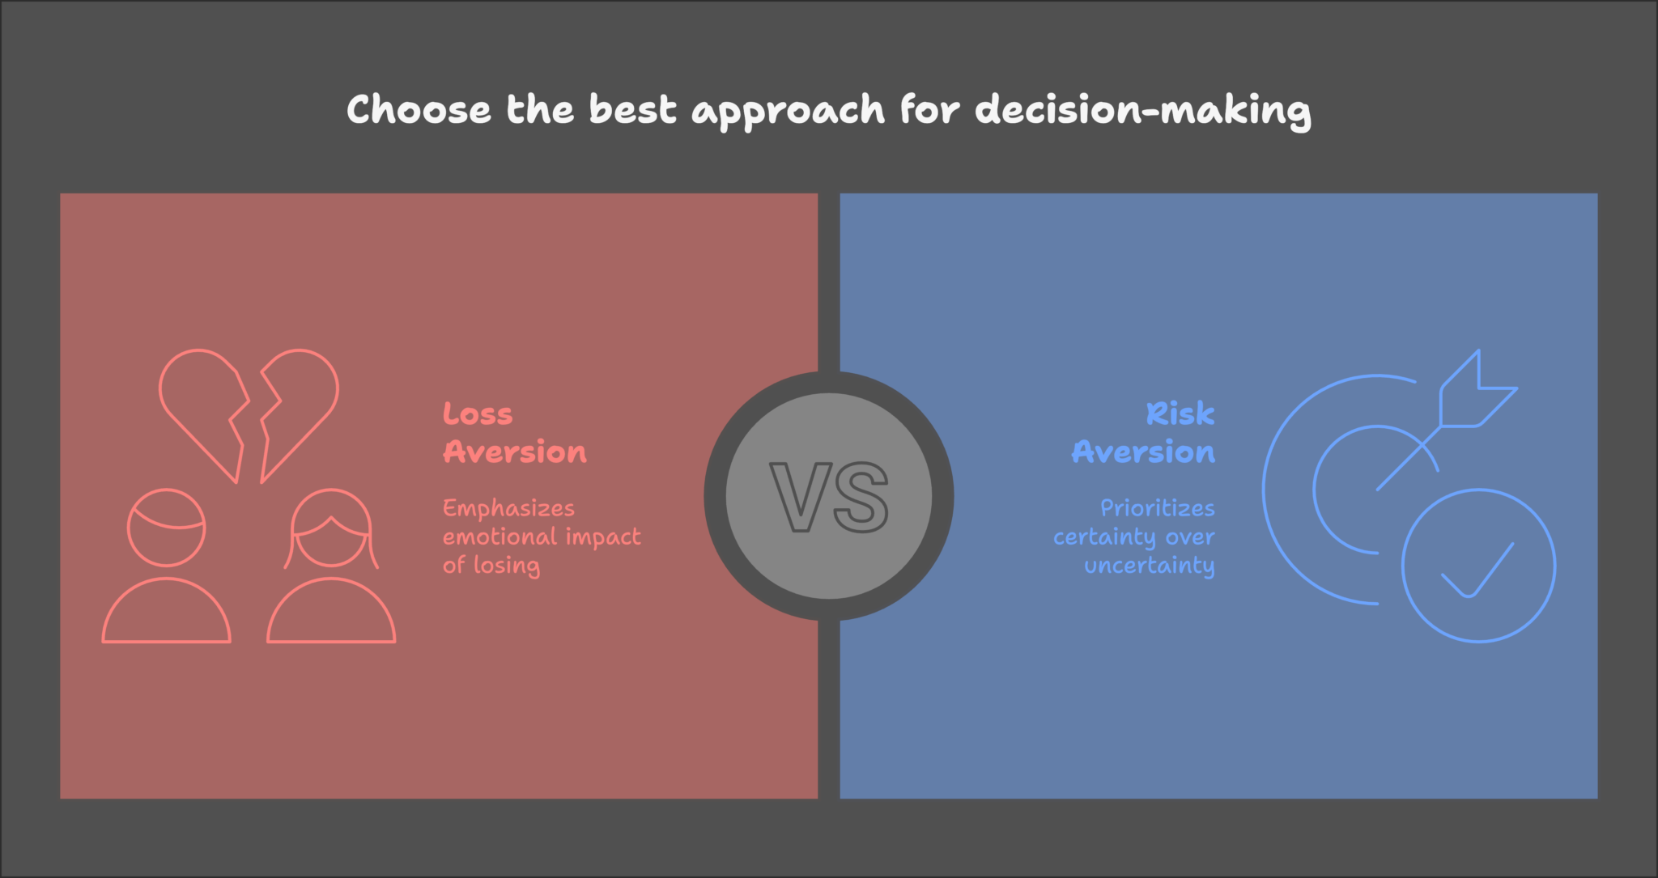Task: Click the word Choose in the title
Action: point(419,110)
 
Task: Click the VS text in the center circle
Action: point(828,497)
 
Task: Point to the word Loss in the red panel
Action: point(478,414)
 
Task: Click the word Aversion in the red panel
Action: point(515,452)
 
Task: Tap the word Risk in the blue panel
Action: point(1180,414)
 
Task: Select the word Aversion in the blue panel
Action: point(1143,452)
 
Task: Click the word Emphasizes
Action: point(508,509)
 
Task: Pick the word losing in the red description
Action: point(506,566)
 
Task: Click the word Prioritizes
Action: point(1157,509)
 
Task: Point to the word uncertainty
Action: point(1149,566)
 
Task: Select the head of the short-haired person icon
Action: point(167,528)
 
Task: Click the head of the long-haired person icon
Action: point(331,530)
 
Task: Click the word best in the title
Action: point(632,110)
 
